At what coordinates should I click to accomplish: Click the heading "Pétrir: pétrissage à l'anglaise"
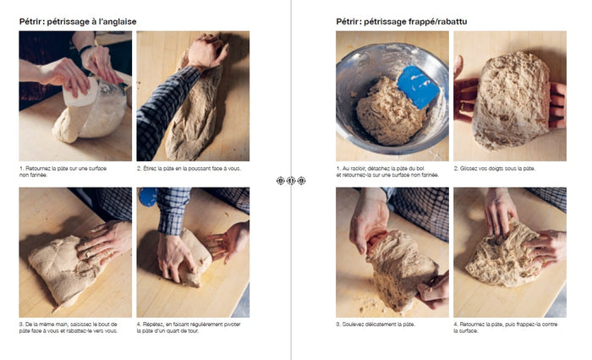(x=78, y=22)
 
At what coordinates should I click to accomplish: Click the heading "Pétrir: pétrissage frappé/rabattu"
(x=402, y=22)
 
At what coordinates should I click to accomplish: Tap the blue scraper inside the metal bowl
(x=417, y=87)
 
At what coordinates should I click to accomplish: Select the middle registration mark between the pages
(x=291, y=181)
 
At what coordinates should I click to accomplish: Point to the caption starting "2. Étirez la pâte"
(x=189, y=169)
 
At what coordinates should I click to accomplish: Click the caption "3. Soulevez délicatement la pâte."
(x=375, y=325)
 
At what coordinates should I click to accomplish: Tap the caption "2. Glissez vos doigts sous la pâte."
(x=495, y=169)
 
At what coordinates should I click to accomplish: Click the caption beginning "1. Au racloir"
(x=387, y=172)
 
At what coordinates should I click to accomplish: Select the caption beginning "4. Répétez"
(x=189, y=328)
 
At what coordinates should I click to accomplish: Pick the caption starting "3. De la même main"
(x=69, y=328)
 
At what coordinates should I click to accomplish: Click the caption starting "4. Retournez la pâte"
(x=506, y=328)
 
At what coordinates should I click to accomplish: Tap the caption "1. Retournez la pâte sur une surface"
(x=63, y=172)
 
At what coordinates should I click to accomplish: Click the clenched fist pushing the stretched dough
(x=207, y=51)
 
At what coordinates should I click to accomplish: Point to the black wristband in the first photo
(x=86, y=49)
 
